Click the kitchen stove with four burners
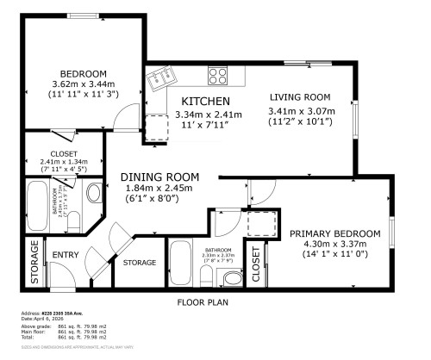(218, 76)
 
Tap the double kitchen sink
(160, 82)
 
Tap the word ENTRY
(66, 256)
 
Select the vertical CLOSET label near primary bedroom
(257, 266)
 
